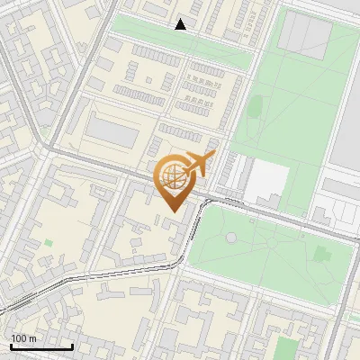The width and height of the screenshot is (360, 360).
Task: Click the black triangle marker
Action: [x=181, y=24]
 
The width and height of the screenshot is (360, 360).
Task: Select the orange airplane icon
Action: [x=198, y=165]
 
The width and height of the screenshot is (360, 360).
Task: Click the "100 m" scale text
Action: [x=23, y=337]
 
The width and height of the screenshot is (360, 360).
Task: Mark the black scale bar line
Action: [x=41, y=346]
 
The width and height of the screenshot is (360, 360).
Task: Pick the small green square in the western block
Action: [x=48, y=242]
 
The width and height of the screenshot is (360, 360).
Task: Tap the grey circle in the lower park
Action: [x=231, y=238]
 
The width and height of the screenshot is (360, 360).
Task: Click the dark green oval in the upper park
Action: [x=255, y=106]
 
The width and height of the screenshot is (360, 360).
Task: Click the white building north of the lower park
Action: [x=267, y=181]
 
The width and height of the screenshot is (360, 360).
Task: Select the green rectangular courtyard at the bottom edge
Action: [x=287, y=348]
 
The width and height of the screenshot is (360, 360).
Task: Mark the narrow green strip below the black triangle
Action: [x=180, y=44]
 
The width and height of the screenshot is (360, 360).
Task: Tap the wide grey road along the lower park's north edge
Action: [x=270, y=214]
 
